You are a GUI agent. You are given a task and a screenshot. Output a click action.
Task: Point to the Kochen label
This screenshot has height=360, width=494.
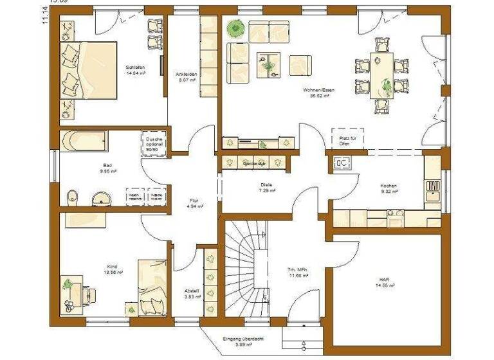pyautogui.click(x=389, y=188)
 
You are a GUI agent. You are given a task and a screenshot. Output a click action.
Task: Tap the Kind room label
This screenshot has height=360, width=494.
pyautogui.click(x=114, y=268)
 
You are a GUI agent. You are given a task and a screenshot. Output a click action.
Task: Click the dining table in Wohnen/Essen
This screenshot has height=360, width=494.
pyautogui.click(x=382, y=75)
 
